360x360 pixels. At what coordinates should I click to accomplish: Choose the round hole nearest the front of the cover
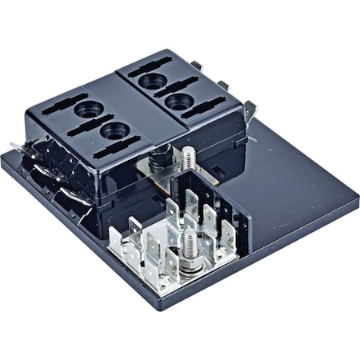(x=114, y=129)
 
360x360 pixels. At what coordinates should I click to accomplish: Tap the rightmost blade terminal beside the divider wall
(x=230, y=235)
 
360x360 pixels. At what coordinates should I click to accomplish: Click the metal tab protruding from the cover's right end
(x=250, y=108)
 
